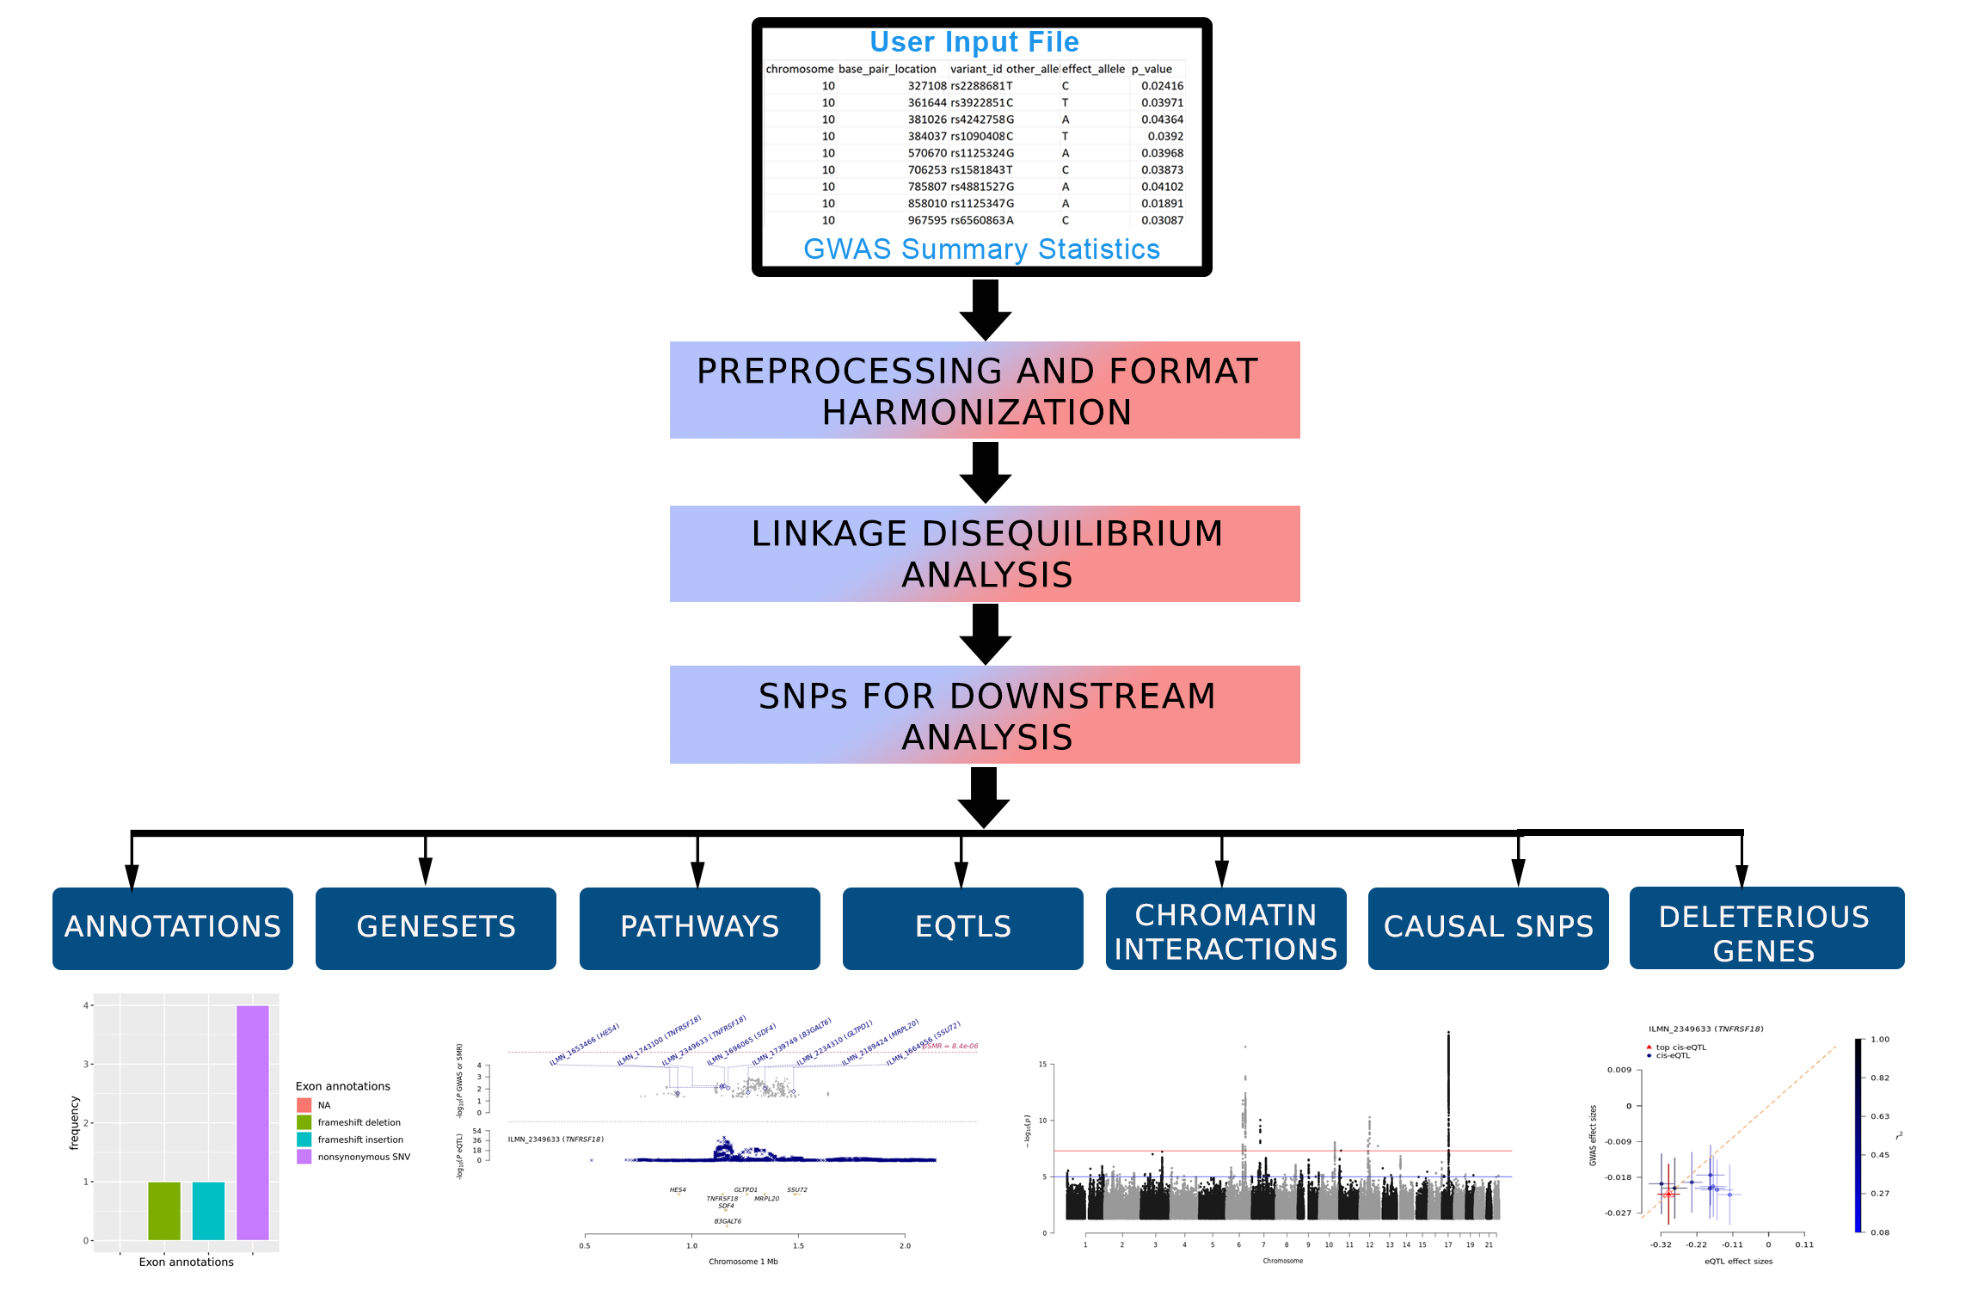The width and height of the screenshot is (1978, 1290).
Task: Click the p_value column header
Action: [x=1151, y=69]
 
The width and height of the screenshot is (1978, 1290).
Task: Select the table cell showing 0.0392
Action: [x=1164, y=136]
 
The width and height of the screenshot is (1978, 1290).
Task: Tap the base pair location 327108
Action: [x=926, y=86]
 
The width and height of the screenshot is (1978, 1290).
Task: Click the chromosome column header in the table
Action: [x=799, y=69]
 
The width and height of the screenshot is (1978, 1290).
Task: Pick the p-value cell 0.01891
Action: [x=1162, y=204]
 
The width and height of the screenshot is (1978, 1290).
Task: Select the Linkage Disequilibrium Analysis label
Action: [x=986, y=554]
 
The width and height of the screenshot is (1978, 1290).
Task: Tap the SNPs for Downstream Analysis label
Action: [x=986, y=716]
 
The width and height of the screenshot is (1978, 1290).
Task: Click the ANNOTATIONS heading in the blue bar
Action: [x=173, y=926]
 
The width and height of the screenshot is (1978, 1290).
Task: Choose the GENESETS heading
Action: [x=436, y=926]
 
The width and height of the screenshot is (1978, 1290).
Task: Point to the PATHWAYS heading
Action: [x=699, y=926]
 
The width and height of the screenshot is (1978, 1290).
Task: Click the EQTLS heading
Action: [x=963, y=926]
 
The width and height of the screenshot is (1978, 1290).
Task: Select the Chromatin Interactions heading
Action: [x=1225, y=932]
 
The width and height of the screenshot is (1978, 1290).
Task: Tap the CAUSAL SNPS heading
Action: [x=1488, y=926]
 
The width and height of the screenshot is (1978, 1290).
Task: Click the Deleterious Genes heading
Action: [x=1763, y=934]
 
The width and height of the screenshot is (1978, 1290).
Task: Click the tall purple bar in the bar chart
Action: [x=252, y=1122]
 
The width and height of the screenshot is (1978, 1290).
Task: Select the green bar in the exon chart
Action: [x=164, y=1210]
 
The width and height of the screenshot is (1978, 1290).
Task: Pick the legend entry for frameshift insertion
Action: [x=359, y=1139]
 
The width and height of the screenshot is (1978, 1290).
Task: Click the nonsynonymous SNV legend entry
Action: [x=363, y=1157]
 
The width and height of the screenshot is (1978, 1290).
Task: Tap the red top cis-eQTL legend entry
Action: [x=1680, y=1047]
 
